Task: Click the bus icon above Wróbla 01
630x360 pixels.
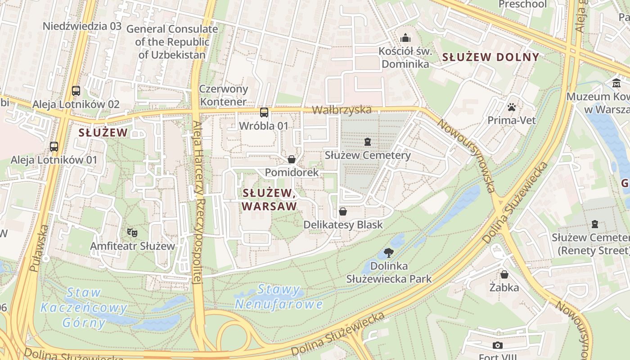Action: click(264, 112)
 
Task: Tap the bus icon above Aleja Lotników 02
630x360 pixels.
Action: click(76, 91)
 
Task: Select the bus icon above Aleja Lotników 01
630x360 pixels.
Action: click(54, 146)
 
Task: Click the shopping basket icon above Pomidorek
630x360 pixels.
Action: click(292, 159)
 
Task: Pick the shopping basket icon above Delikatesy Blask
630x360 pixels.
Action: click(343, 211)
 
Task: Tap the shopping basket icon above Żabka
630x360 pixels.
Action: click(504, 274)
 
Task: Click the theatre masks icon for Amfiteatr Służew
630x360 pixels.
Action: click(132, 233)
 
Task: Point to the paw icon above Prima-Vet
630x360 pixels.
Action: click(512, 107)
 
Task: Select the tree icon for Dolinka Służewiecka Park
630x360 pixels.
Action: click(388, 253)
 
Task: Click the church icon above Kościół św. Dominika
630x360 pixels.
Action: click(405, 37)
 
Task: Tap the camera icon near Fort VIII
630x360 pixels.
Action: click(497, 345)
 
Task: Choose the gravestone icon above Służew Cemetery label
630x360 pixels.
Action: click(368, 142)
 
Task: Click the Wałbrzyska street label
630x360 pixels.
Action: click(342, 110)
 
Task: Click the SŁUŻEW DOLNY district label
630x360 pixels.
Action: click(490, 57)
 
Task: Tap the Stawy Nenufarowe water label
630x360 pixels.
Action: click(279, 297)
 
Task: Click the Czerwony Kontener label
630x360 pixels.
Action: click(224, 95)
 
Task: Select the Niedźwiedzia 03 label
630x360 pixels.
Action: click(82, 26)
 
